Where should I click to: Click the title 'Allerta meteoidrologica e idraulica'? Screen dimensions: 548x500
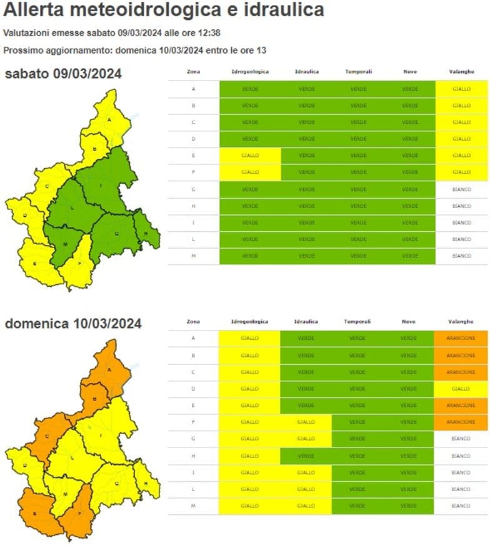pos(164,11)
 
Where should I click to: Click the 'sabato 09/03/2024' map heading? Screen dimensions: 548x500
pos(63,74)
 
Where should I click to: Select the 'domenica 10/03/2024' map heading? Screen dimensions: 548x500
pos(73,324)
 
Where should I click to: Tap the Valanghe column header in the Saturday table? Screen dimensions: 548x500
pos(461,72)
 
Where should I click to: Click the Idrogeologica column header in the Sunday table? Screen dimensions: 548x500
pos(249,322)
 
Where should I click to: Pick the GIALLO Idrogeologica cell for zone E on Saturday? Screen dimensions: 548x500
pos(250,156)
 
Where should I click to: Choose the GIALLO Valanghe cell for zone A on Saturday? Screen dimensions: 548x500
pos(461,89)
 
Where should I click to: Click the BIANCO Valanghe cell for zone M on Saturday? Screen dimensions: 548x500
pos(461,256)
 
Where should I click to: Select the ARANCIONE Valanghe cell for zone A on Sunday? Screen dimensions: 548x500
pos(461,339)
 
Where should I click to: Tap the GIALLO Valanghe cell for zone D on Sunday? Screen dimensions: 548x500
pos(461,389)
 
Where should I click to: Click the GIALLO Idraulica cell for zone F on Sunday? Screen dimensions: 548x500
pos(306,422)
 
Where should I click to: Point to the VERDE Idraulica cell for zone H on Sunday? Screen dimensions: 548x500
pos(306,456)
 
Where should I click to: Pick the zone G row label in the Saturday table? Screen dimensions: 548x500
pos(193,189)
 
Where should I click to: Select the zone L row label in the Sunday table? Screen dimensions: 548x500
pos(193,489)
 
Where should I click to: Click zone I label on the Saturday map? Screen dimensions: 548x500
pos(101,186)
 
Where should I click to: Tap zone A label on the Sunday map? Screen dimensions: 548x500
pos(109,370)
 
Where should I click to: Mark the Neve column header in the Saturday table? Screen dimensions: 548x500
pos(409,72)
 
